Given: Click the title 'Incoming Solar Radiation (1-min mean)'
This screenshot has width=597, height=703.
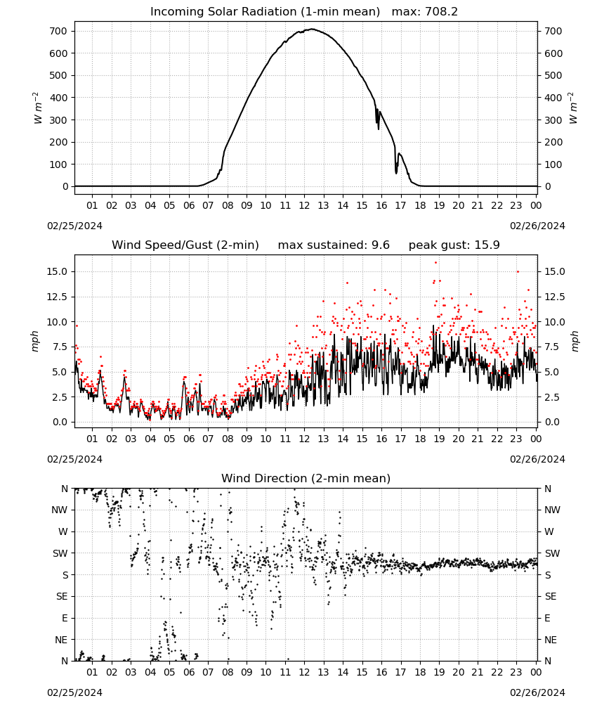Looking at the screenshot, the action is (x=265, y=12).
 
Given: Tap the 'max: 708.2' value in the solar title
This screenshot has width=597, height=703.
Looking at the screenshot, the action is (x=425, y=12).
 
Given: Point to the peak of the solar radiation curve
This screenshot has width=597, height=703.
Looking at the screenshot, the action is (x=312, y=29).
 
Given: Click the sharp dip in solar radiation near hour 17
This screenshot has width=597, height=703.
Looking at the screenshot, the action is (x=396, y=172).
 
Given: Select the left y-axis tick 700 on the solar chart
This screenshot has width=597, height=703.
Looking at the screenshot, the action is (x=58, y=32).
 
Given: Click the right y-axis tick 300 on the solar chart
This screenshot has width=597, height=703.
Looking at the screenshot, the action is (x=553, y=120).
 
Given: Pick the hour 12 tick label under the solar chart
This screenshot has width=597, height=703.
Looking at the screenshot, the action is (x=305, y=205).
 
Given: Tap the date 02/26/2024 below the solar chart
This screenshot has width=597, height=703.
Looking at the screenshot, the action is (x=537, y=226).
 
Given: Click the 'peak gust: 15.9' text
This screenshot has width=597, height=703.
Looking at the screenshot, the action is (x=454, y=245).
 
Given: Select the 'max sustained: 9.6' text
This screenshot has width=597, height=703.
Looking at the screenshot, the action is (x=334, y=245).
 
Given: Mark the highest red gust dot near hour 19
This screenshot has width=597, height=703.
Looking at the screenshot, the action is (x=435, y=263).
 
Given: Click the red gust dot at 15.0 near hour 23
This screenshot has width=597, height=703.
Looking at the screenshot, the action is (x=518, y=271).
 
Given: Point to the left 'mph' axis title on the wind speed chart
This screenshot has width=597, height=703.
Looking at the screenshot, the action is (x=35, y=342).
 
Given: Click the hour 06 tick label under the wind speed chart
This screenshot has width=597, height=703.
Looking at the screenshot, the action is (x=189, y=439).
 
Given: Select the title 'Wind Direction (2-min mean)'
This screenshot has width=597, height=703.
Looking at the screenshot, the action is (x=306, y=478).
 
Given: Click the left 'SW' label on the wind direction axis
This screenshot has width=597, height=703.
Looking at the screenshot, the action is (x=60, y=553).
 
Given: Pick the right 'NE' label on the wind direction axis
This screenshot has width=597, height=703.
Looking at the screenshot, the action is (x=551, y=640).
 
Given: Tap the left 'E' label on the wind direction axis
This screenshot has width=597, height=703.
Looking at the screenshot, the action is (x=65, y=618).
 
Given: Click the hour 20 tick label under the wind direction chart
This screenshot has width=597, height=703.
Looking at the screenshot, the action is (x=459, y=672).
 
